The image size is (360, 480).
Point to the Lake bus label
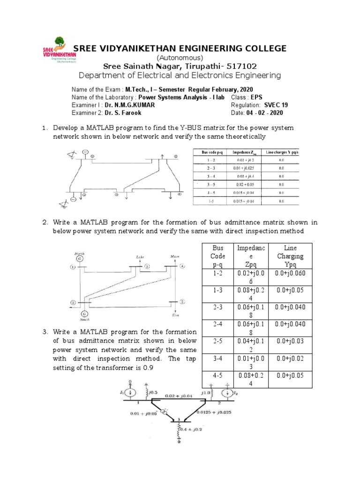pos(140,257)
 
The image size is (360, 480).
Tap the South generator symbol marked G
pos(84,314)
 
